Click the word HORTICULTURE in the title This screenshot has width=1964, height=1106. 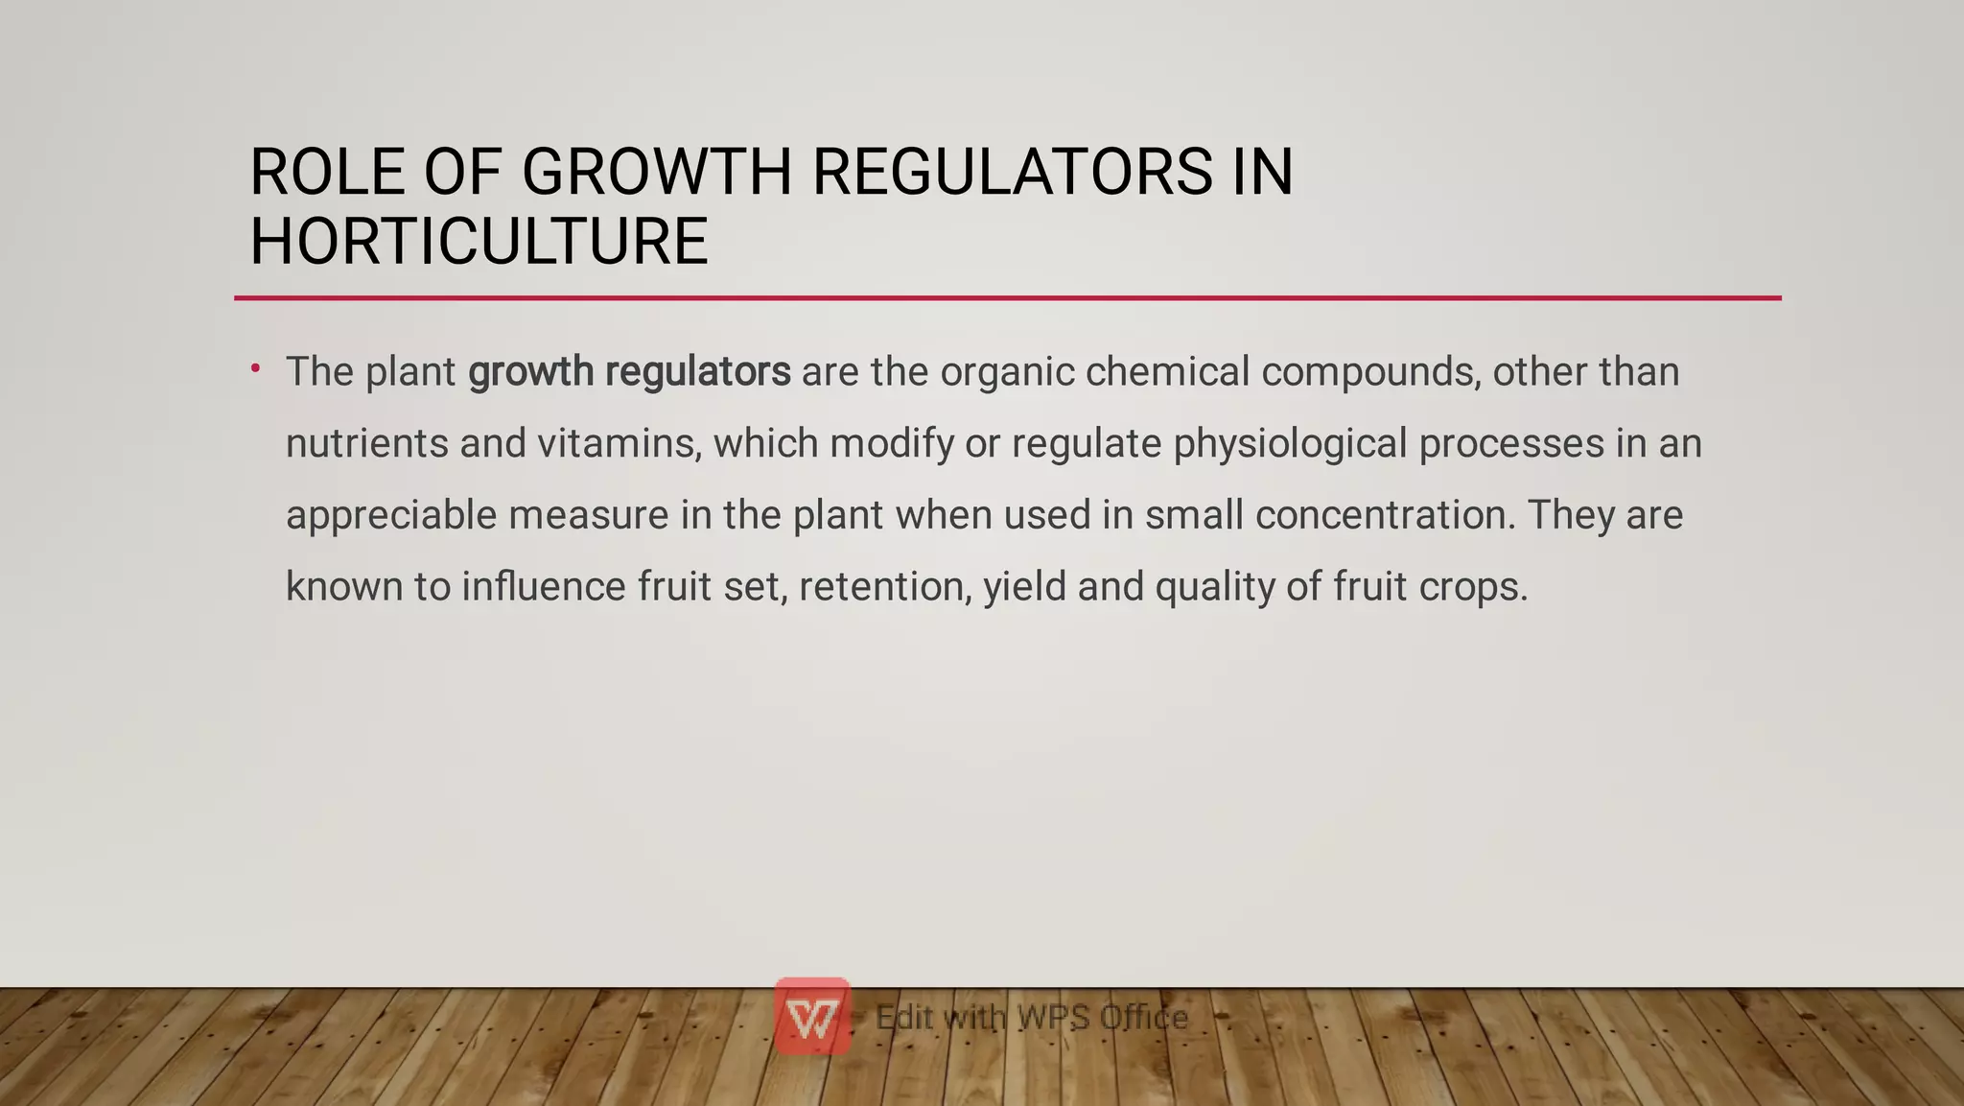pyautogui.click(x=479, y=241)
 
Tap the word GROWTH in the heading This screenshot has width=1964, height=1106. pyautogui.click(x=657, y=173)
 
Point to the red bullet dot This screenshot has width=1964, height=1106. pyautogui.click(x=256, y=367)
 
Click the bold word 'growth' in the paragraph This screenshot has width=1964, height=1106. pyautogui.click(x=530, y=372)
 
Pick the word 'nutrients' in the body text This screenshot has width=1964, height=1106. pyautogui.click(x=367, y=444)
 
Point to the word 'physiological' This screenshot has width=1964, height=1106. pyautogui.click(x=1290, y=444)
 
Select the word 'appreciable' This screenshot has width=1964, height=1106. pyautogui.click(x=391, y=515)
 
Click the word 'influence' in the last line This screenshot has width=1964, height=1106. pyautogui.click(x=544, y=586)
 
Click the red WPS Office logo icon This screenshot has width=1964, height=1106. pyautogui.click(x=812, y=1017)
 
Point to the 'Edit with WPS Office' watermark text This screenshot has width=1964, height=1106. pyautogui.click(x=1032, y=1017)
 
